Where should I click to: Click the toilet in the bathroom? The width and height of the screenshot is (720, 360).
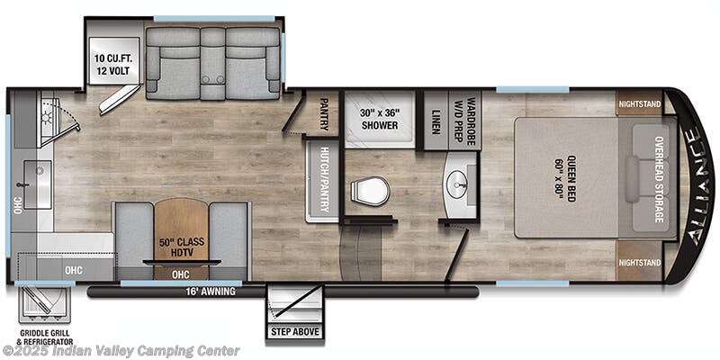(370, 191)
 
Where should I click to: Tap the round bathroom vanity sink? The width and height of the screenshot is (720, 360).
(457, 184)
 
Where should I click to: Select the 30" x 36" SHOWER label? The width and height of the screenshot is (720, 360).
(379, 119)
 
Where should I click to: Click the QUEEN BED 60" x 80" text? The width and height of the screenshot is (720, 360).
(566, 178)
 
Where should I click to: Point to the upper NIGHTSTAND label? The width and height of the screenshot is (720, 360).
(640, 104)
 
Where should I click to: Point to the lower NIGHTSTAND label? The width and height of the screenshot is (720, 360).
(640, 263)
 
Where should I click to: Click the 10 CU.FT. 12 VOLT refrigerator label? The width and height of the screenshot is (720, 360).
(112, 65)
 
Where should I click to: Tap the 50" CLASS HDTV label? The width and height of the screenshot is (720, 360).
(182, 247)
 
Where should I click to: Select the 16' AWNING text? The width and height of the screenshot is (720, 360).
(211, 292)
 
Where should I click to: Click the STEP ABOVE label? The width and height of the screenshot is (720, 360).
(294, 332)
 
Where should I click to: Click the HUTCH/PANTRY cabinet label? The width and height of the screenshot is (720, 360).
(325, 179)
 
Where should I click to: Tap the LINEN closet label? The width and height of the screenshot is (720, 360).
(435, 121)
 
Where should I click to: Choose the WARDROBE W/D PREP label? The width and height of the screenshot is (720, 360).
(465, 121)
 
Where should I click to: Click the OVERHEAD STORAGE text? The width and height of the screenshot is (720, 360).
(660, 179)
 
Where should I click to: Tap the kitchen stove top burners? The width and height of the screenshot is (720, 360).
(49, 117)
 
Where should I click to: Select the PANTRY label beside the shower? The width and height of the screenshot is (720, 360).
(324, 114)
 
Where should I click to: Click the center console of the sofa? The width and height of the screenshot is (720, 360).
(212, 63)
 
